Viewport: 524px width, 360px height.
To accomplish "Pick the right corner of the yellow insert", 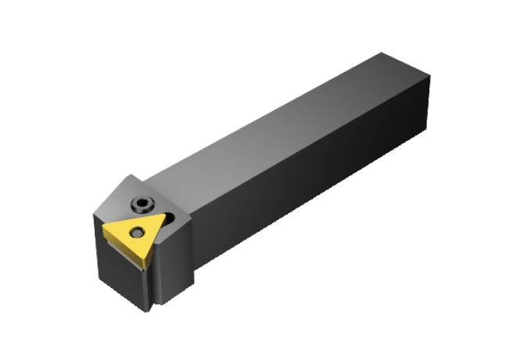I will [x=167, y=213].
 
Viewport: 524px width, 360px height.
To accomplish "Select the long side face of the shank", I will [x=313, y=180].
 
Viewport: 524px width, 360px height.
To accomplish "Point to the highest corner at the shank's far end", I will [x=382, y=53].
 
